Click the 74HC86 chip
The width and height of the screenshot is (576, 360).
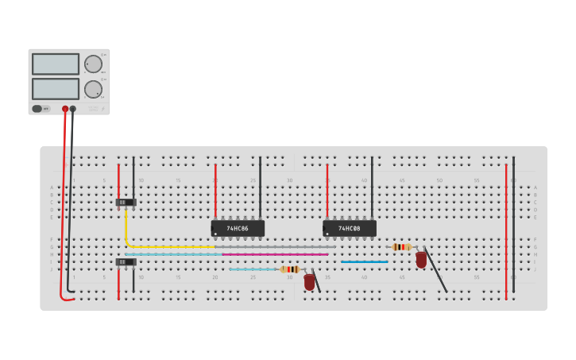point(238,228)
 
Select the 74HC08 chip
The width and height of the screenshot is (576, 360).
point(350,228)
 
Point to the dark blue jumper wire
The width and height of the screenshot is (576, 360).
point(365,261)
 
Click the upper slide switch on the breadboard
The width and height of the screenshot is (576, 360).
point(126,202)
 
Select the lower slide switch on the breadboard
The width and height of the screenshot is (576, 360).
point(126,261)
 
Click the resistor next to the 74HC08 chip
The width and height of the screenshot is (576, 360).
point(401,247)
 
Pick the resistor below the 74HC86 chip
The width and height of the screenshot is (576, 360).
point(290,269)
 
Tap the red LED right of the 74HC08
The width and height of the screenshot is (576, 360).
point(421,259)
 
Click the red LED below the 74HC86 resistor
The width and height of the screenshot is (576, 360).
point(309,281)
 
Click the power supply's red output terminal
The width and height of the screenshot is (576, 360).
point(65,109)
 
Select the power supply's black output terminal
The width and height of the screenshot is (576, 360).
point(73,109)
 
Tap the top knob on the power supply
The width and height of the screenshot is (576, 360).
point(93,64)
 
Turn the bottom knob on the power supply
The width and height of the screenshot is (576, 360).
point(93,89)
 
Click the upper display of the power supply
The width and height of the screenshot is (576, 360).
point(56,64)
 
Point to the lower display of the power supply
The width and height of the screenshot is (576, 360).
point(56,88)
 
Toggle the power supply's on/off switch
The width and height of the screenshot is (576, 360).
point(37,109)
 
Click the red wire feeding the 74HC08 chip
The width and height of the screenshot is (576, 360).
point(327,191)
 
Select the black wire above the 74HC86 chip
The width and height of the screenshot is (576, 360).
point(260,187)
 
